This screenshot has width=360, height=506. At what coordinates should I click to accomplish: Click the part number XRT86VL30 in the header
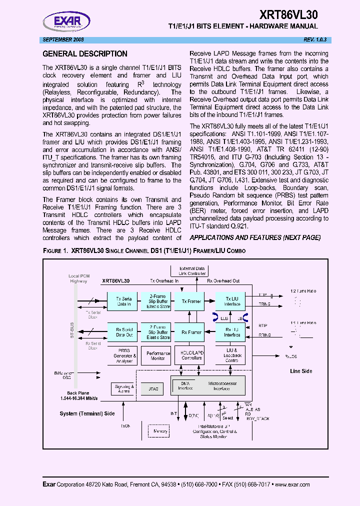click(288, 14)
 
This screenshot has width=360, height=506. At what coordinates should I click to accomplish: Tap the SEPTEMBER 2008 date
click(63, 39)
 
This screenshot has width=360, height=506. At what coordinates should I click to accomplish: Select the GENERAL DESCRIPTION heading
click(85, 54)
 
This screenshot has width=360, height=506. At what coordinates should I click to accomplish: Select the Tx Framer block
click(191, 301)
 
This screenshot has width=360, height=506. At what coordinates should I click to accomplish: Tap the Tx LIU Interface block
click(231, 301)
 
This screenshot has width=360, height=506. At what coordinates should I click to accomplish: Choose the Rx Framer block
click(191, 332)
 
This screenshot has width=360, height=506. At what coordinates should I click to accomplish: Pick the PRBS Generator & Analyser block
click(124, 355)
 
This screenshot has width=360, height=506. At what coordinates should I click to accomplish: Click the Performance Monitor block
click(158, 355)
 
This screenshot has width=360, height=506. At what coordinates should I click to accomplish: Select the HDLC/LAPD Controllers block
click(191, 355)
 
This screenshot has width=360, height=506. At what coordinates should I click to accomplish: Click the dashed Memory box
click(160, 430)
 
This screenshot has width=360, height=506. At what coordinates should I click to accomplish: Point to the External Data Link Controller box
click(192, 271)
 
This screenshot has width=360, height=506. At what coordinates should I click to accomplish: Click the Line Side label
click(301, 371)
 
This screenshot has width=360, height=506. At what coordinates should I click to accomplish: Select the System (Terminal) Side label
click(87, 413)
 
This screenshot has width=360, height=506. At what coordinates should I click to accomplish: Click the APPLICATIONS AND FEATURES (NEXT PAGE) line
click(255, 237)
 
